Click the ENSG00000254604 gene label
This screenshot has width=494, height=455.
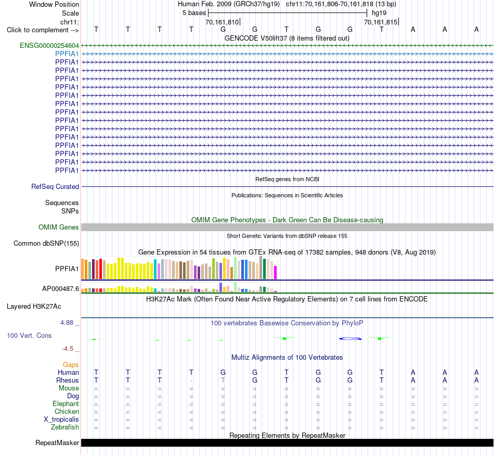(x=49, y=45)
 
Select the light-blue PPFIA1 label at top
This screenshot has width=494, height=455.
(x=67, y=54)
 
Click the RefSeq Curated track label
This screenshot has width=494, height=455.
(x=55, y=187)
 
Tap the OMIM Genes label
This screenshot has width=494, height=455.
(x=59, y=228)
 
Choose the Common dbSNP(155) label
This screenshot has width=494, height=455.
(x=46, y=244)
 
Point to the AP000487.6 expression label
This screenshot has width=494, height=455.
(x=60, y=288)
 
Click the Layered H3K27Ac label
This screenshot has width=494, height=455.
(x=34, y=307)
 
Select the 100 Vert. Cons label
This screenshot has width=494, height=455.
(x=29, y=335)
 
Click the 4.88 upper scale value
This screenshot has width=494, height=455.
(x=67, y=323)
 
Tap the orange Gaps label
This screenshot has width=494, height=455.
(x=71, y=365)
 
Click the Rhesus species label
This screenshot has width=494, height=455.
(x=68, y=380)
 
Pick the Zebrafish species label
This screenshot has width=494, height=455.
(x=65, y=427)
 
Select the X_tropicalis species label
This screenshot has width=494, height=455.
(x=61, y=420)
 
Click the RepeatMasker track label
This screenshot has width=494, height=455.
(x=57, y=443)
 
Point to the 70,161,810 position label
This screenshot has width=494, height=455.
(x=222, y=22)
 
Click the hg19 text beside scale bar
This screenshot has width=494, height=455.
(x=379, y=13)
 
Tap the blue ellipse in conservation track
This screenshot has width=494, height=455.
(x=350, y=339)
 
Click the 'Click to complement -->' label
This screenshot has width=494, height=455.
(x=43, y=30)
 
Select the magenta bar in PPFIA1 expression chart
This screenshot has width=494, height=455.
(x=276, y=273)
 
